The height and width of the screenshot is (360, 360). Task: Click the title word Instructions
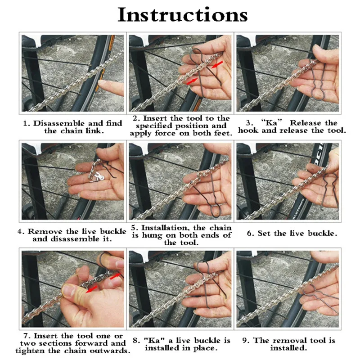click(183, 15)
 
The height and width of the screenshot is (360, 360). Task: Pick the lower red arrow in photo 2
click(192, 81)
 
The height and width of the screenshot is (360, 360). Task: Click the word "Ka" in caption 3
click(271, 122)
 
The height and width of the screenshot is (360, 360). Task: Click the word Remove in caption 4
click(45, 231)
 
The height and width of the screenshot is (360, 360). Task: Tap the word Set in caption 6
click(264, 233)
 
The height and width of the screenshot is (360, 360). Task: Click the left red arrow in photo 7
click(92, 289)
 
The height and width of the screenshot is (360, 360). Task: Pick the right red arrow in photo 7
click(115, 276)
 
